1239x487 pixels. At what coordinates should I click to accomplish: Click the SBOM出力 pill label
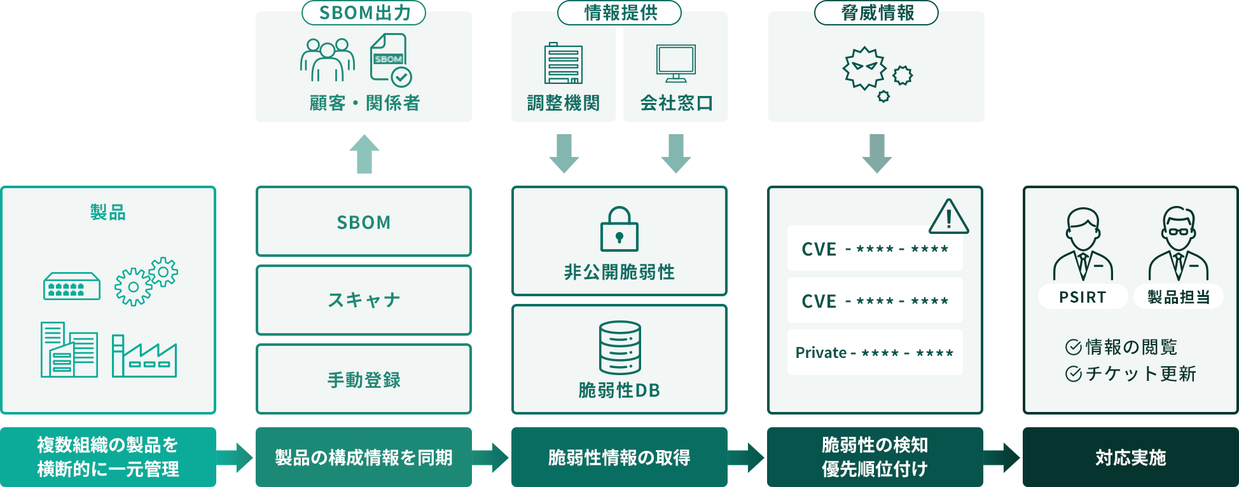[364, 13]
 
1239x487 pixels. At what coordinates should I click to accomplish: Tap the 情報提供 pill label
[619, 13]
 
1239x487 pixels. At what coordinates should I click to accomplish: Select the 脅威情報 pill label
[876, 13]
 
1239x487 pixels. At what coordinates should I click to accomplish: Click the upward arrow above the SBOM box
[364, 154]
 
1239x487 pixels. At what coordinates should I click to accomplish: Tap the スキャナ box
[364, 300]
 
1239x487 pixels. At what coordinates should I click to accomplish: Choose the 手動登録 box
[364, 380]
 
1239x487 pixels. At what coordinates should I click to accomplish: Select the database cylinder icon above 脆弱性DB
[619, 348]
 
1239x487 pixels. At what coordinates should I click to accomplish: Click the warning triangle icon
[948, 217]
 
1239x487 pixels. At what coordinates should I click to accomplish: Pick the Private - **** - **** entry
[875, 352]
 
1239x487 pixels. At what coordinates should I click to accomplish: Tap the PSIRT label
[1083, 297]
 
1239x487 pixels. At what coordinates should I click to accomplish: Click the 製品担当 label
[1179, 297]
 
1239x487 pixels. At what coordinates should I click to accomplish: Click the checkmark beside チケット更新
[1074, 374]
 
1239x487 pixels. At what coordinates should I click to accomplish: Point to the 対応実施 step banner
[1130, 457]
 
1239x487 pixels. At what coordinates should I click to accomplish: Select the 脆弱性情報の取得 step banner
[619, 457]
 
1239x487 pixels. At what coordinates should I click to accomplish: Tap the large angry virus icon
[864, 67]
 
